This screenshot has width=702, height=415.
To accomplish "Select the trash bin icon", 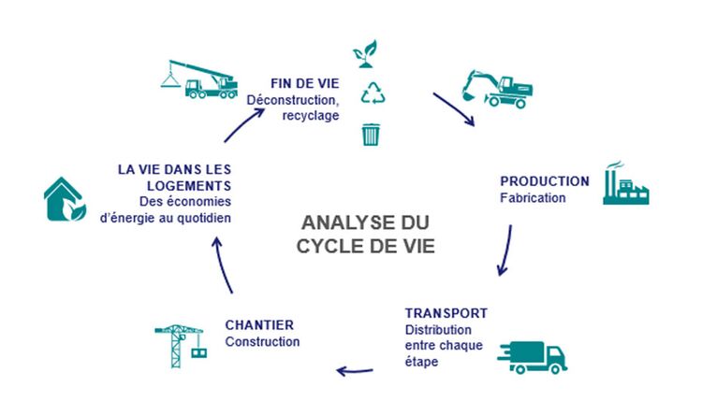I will tap(372, 134).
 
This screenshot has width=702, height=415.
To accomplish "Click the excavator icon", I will tap(496, 89).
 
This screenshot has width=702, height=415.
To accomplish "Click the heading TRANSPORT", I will tap(446, 312).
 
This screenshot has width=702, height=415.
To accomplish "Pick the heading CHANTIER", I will tap(259, 324).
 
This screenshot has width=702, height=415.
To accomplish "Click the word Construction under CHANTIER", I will tap(262, 342).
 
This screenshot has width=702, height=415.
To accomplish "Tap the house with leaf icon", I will tap(66, 199).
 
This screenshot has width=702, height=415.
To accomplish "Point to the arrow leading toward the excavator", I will tap(453, 107).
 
